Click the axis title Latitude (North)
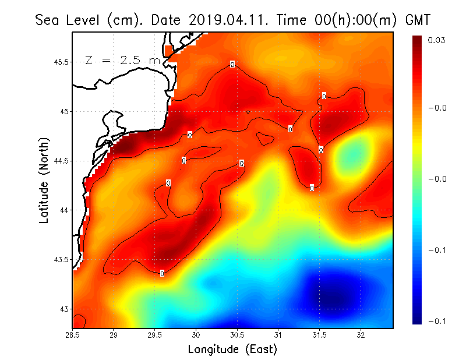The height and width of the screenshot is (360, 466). pyautogui.click(x=44, y=180)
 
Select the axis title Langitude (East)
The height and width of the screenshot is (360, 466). pyautogui.click(x=232, y=350)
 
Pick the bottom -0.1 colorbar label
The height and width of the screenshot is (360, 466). pyautogui.click(x=437, y=321)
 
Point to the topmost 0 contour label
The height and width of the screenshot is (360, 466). pyautogui.click(x=232, y=64)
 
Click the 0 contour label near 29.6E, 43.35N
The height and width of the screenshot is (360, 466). pyautogui.click(x=162, y=273)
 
